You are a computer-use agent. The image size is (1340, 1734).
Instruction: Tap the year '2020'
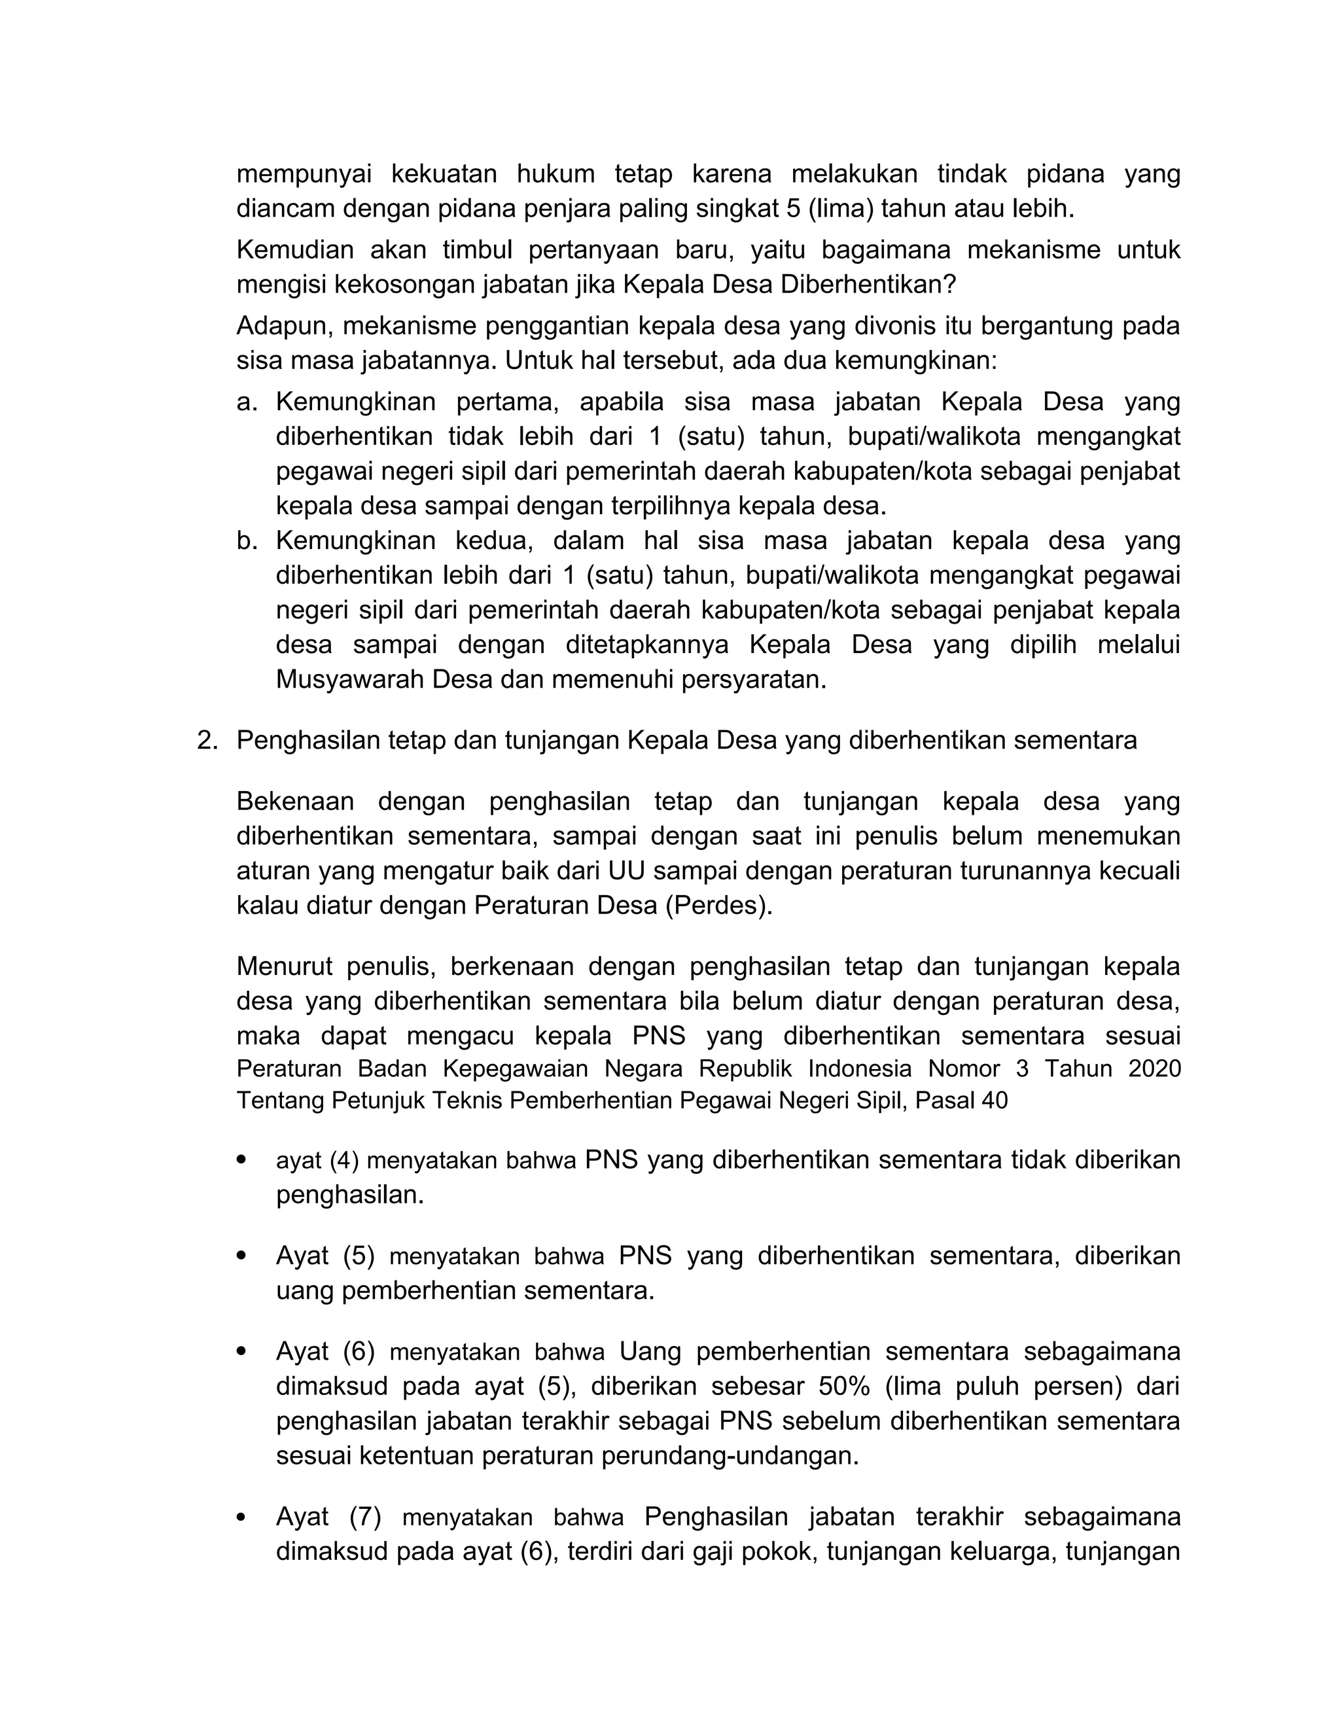pos(1154,1069)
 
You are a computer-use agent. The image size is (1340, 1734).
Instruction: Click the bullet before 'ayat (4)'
pos(242,1160)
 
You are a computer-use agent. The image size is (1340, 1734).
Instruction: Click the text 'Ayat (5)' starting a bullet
pos(325,1256)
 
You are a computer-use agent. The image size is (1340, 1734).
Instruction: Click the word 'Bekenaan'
pos(295,802)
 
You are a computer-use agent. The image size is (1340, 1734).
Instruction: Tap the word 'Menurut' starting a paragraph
pos(284,967)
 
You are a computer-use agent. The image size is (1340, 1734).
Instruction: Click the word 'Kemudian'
pos(294,250)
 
